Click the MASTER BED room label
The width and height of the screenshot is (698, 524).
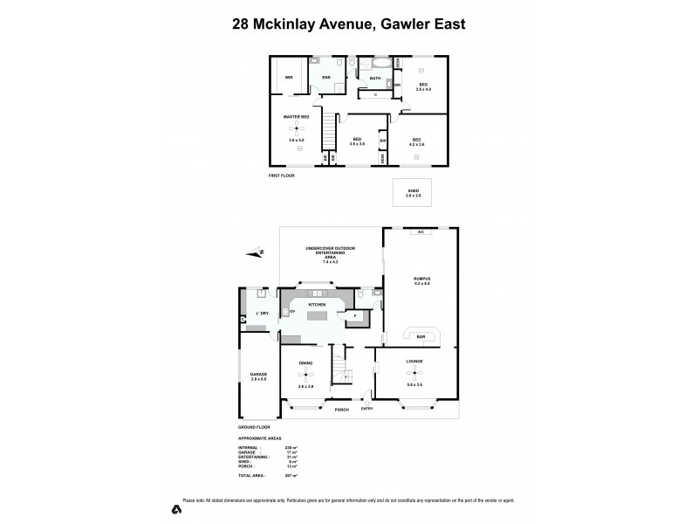point(296,116)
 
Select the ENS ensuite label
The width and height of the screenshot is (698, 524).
point(325,77)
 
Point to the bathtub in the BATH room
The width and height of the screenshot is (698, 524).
point(382,64)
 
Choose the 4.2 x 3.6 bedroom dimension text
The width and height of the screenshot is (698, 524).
point(417,145)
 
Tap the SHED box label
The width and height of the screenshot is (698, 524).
point(413,192)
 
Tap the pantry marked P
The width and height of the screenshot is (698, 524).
point(356,316)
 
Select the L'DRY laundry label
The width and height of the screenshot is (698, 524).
point(260,313)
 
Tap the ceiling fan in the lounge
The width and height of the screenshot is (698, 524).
point(415,373)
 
